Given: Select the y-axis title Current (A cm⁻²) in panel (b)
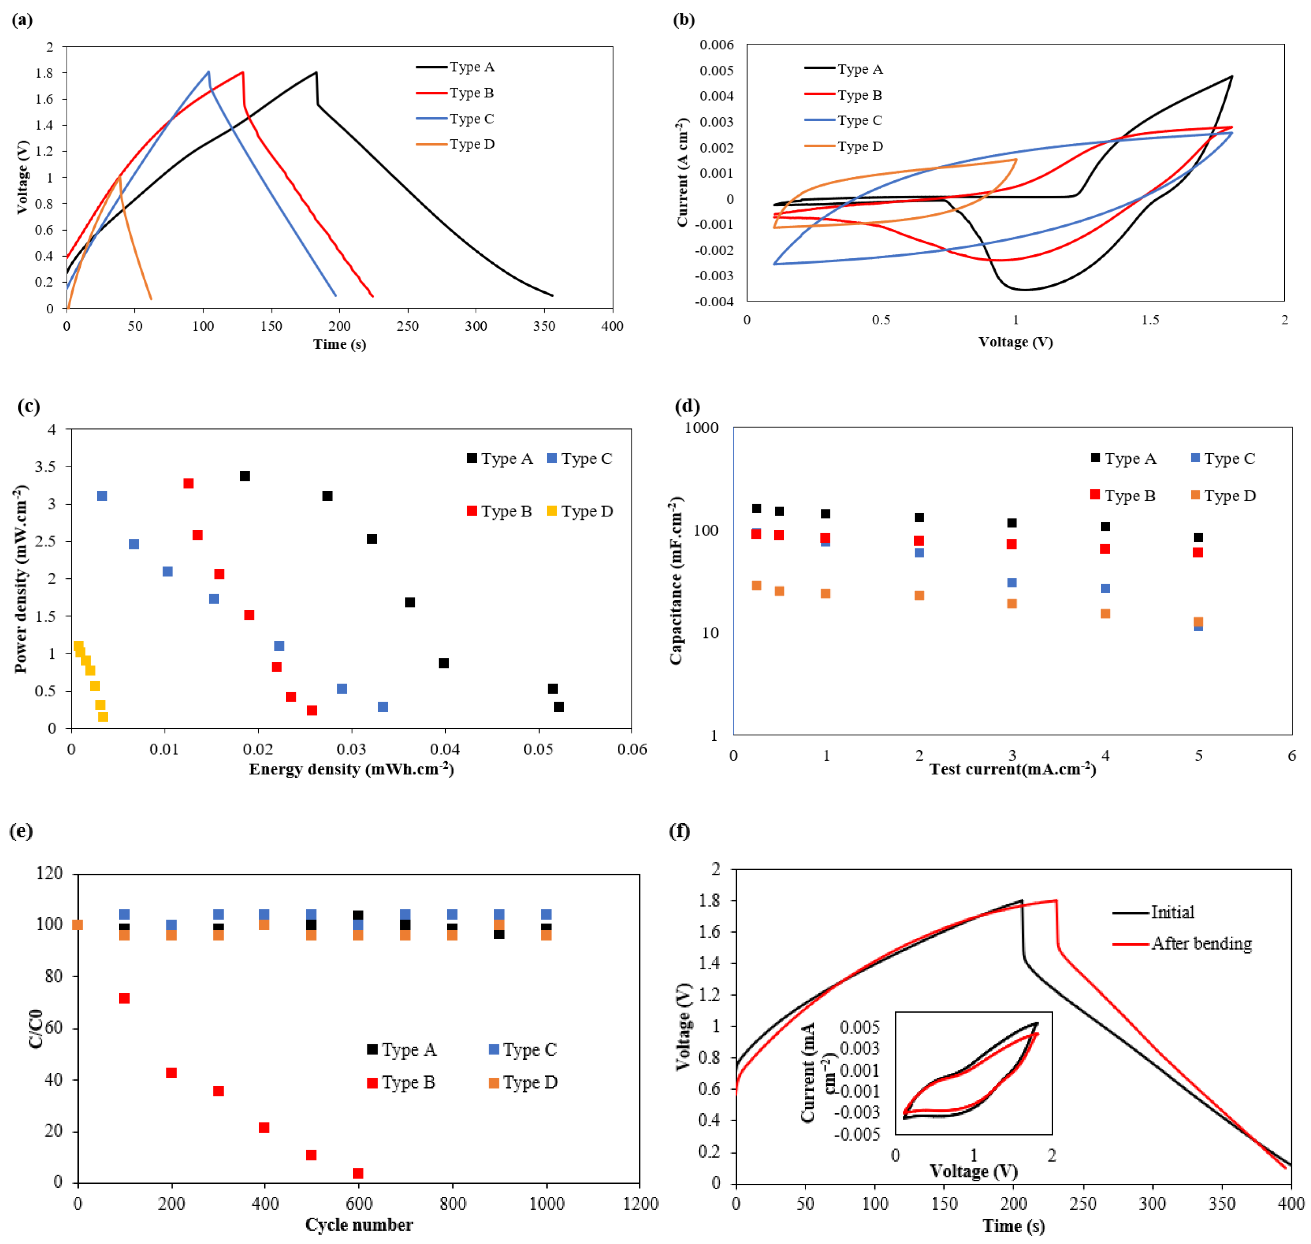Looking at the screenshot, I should [x=682, y=172].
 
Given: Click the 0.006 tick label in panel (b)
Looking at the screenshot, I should [x=716, y=45].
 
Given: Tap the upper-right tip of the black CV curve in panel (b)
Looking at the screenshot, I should [x=1231, y=76].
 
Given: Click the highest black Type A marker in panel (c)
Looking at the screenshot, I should [x=245, y=476].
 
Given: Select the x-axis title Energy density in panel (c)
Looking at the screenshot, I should [x=351, y=769].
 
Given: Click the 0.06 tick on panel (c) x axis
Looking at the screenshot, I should [x=631, y=749].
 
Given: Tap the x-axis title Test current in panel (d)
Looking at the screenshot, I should [x=1013, y=769].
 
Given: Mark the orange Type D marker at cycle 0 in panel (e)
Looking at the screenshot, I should [x=78, y=924].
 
